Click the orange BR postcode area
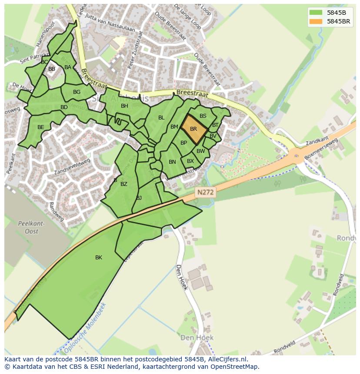193,129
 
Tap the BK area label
99,258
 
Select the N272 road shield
205,192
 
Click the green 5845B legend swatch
316,12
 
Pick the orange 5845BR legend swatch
316,21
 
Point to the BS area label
203,116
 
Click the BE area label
41,127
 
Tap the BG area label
77,92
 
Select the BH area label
124,106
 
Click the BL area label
161,118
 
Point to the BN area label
172,162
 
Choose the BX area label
190,161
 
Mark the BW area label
200,151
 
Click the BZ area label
124,184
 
